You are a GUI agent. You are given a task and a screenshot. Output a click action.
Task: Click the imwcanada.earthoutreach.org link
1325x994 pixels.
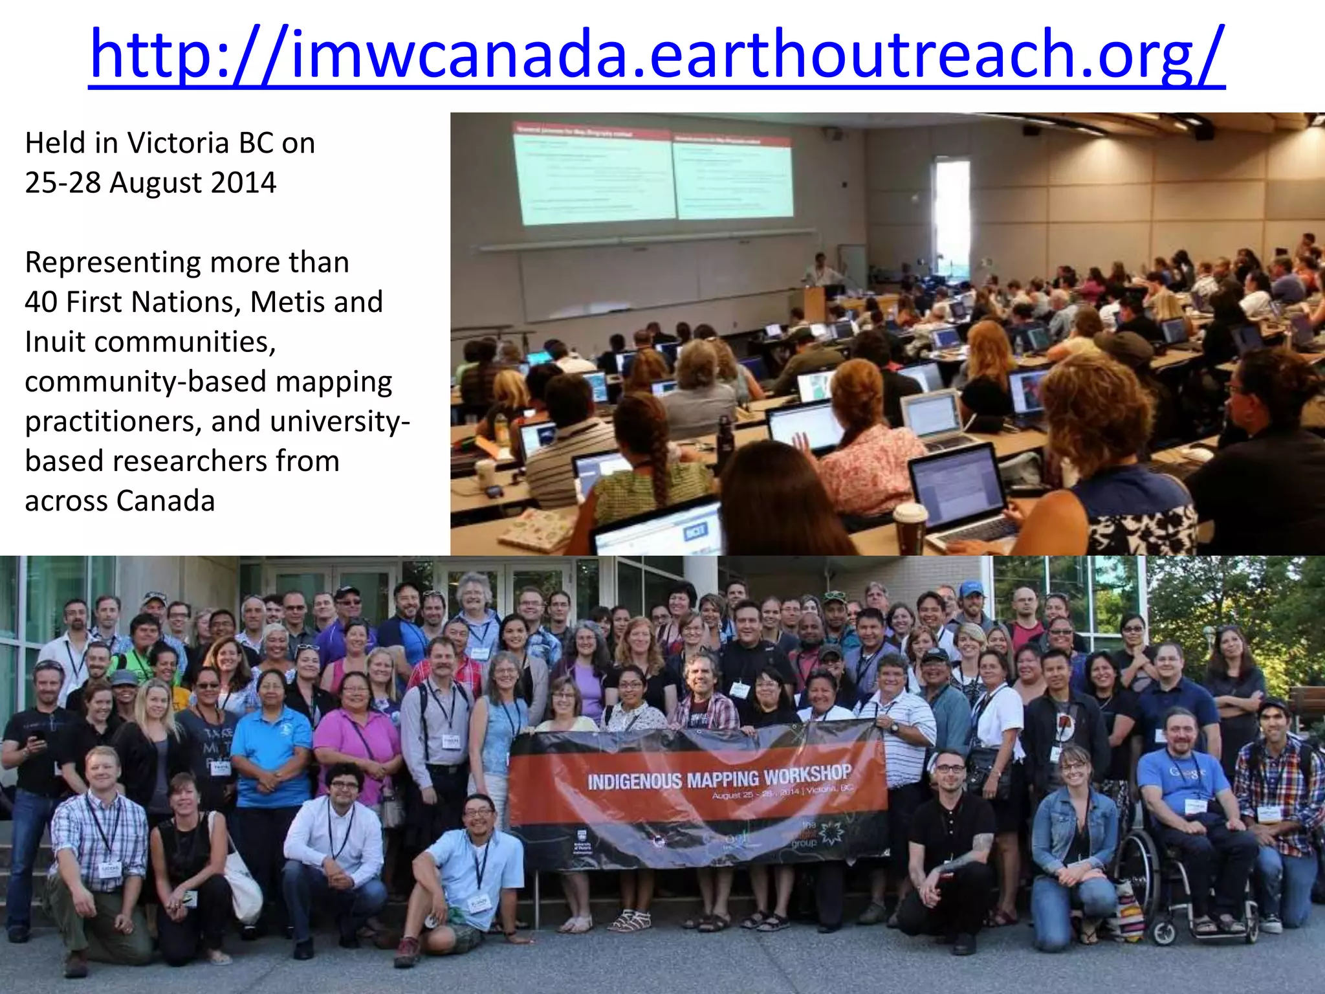[656, 54]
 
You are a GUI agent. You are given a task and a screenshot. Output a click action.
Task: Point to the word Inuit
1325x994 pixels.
[55, 342]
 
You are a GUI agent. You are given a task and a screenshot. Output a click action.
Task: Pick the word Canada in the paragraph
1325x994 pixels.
[166, 502]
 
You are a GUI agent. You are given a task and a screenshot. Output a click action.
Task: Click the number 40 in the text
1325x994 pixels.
[41, 302]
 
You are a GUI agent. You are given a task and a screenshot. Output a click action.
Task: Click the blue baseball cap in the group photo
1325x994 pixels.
[971, 588]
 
